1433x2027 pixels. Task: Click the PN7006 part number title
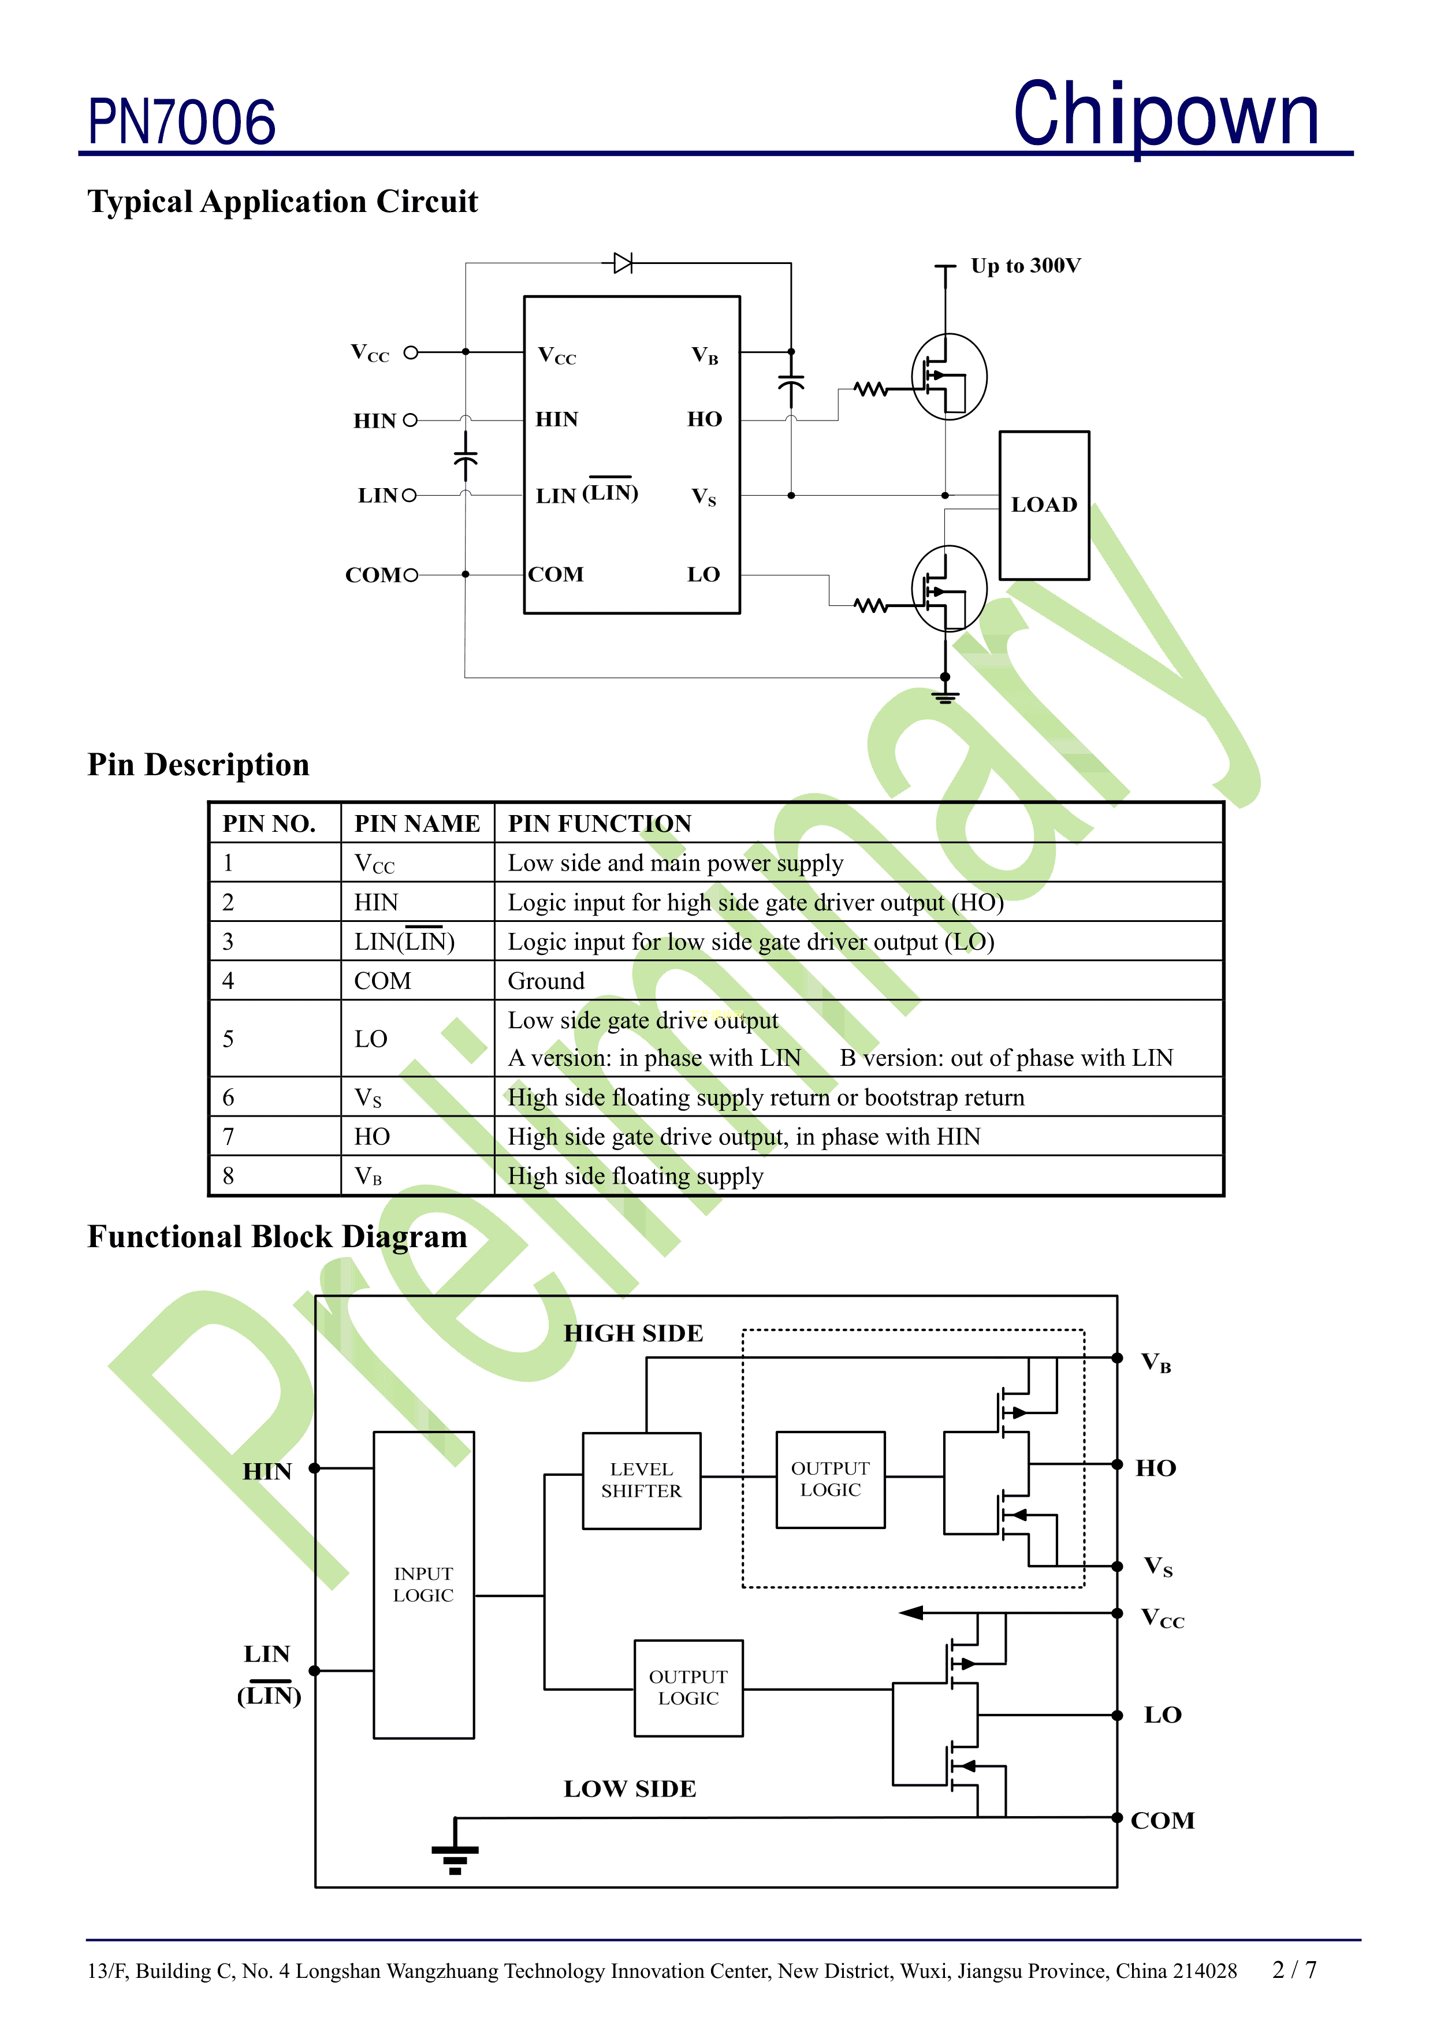pyautogui.click(x=182, y=122)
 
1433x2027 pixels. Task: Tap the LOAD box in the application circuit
pyautogui.click(x=1044, y=505)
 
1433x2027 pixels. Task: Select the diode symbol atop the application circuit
pyautogui.click(x=623, y=263)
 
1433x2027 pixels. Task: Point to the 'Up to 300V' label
pyautogui.click(x=1025, y=266)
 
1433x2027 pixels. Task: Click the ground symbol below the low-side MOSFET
pyautogui.click(x=945, y=697)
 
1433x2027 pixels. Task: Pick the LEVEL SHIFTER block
pyautogui.click(x=641, y=1481)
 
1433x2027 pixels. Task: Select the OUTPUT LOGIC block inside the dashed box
pyautogui.click(x=830, y=1479)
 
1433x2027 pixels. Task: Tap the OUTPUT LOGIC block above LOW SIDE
pyautogui.click(x=688, y=1688)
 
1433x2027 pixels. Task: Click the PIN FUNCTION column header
pyautogui.click(x=600, y=824)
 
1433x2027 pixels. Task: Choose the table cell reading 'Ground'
pyautogui.click(x=546, y=981)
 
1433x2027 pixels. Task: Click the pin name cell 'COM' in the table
pyautogui.click(x=382, y=981)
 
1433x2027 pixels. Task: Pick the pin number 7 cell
pyautogui.click(x=229, y=1137)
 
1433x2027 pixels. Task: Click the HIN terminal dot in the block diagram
pyautogui.click(x=314, y=1468)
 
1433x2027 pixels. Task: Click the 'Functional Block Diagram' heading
pyautogui.click(x=277, y=1237)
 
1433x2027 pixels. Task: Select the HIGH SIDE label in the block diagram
pyautogui.click(x=633, y=1333)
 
